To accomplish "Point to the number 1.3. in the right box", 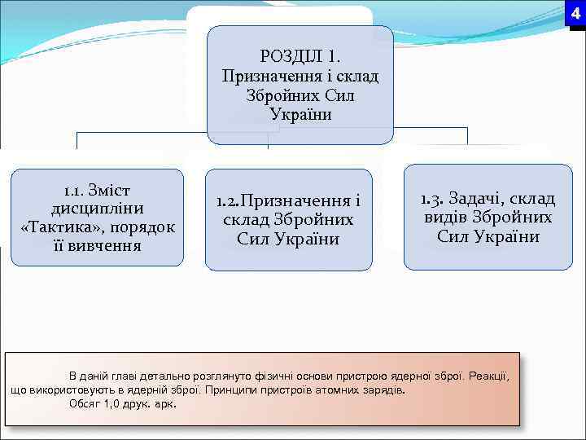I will pos(432,199).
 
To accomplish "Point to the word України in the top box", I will pos(300,114).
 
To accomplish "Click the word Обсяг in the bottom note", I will pos(87,403).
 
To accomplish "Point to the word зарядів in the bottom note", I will pos(385,389).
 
